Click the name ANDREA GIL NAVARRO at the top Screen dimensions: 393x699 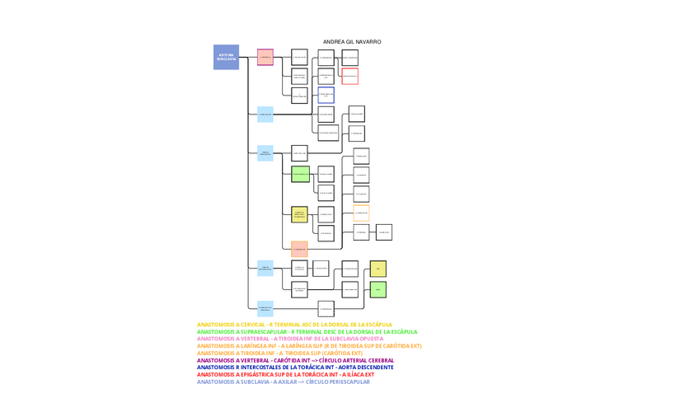(352, 42)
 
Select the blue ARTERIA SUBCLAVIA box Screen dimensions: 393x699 (226, 57)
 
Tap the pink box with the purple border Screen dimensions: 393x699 (265, 57)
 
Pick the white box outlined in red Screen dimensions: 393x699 (349, 76)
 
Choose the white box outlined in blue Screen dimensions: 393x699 (326, 95)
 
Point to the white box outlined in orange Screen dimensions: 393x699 (361, 213)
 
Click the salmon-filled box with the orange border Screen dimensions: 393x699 (299, 248)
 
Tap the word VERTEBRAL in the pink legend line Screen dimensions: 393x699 (254, 339)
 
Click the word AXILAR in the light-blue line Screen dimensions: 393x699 (284, 381)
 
